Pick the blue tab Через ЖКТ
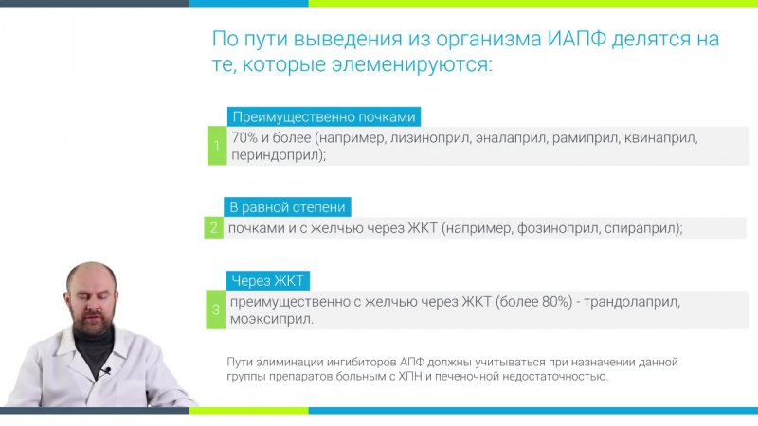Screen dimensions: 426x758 pos(269,281)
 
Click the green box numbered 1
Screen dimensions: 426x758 pos(216,146)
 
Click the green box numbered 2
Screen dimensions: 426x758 pos(215,227)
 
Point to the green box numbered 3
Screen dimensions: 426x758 pos(216,310)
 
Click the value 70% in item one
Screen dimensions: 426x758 pos(247,138)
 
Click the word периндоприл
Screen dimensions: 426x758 pos(275,154)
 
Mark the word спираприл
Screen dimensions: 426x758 pos(642,228)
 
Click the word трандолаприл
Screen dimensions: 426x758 pos(632,302)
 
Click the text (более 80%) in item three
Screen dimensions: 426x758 pos(528,302)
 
